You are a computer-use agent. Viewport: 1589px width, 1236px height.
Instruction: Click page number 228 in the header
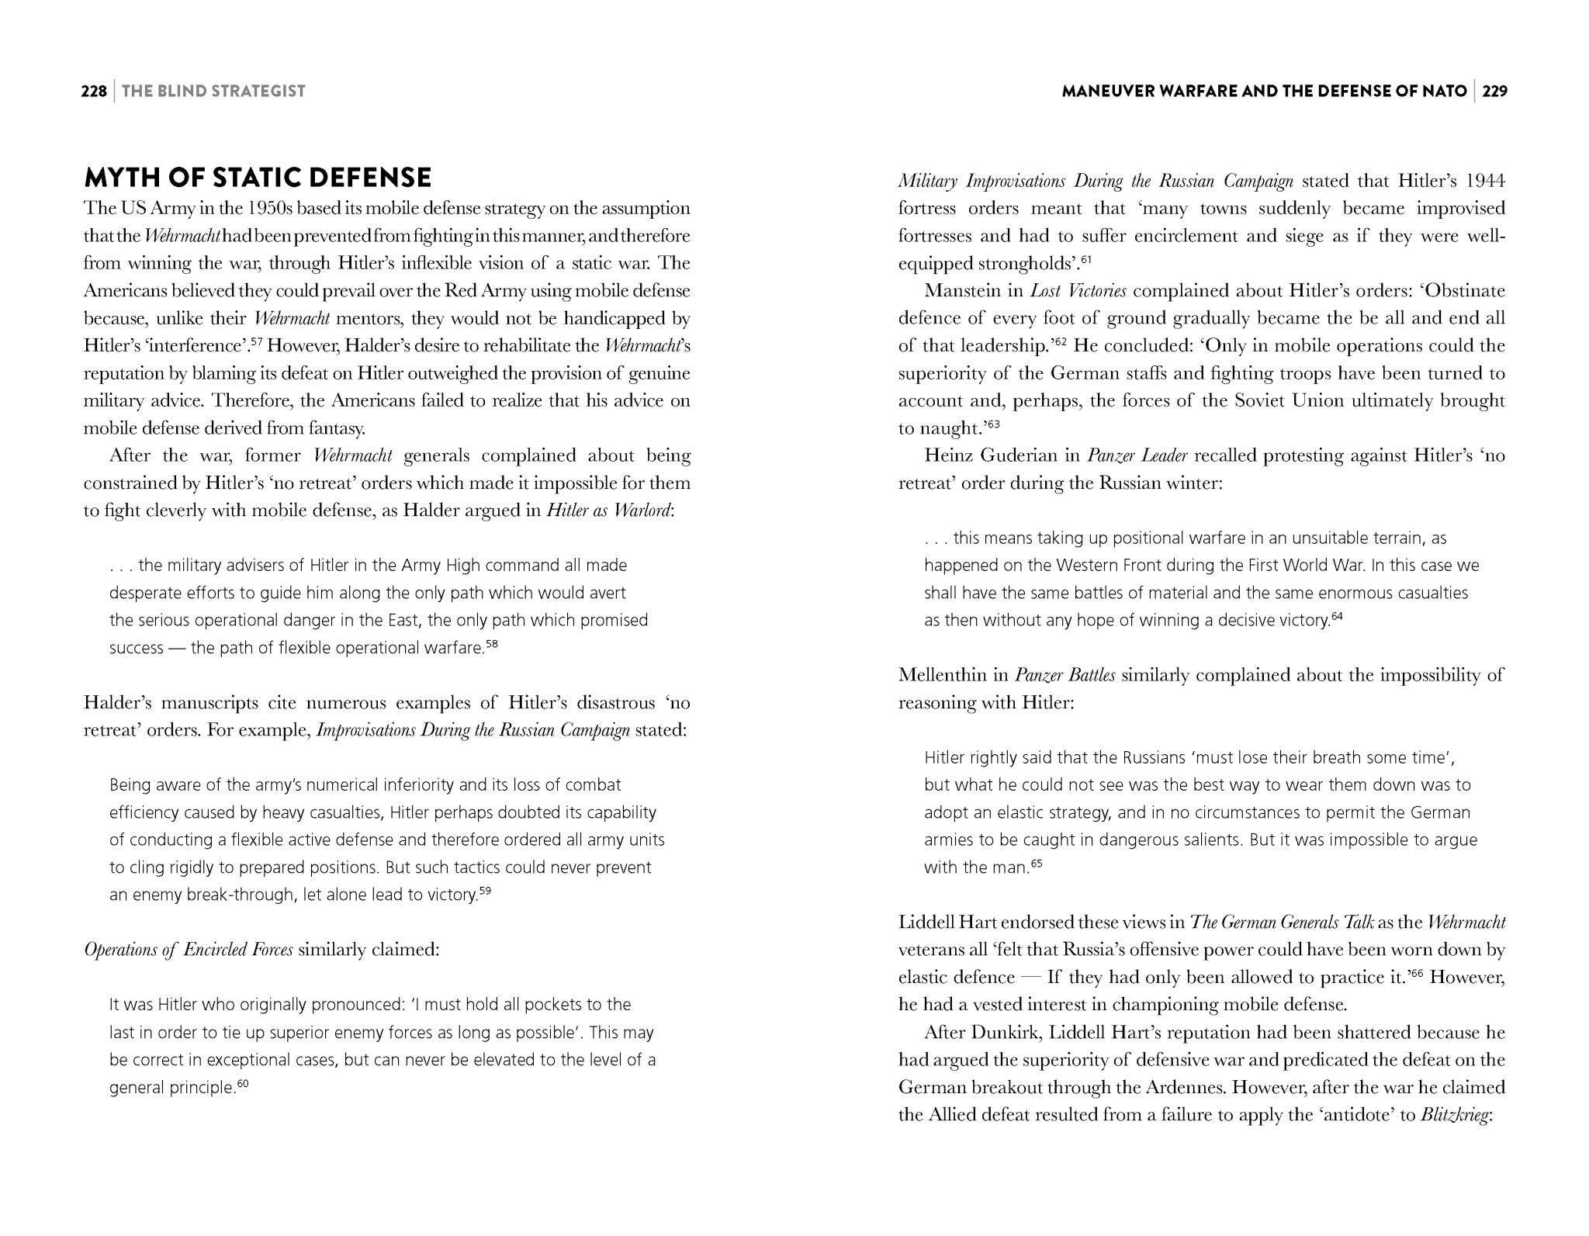(x=94, y=92)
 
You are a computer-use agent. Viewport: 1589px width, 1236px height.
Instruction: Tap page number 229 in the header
(x=1494, y=92)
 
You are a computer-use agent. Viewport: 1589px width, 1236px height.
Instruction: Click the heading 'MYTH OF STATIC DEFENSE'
(x=257, y=178)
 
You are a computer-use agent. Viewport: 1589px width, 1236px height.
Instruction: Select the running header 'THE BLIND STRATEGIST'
(x=213, y=92)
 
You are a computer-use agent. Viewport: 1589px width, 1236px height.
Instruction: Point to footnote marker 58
(x=491, y=643)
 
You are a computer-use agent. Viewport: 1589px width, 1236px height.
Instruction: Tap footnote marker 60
(x=242, y=1083)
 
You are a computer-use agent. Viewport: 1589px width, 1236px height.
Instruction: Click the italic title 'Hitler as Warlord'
(x=608, y=511)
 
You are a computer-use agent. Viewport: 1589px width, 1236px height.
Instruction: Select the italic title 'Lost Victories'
(x=1078, y=291)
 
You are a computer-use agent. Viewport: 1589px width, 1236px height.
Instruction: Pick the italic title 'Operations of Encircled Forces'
(x=189, y=950)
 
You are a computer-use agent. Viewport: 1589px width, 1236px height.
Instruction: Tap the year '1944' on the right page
(x=1485, y=181)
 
